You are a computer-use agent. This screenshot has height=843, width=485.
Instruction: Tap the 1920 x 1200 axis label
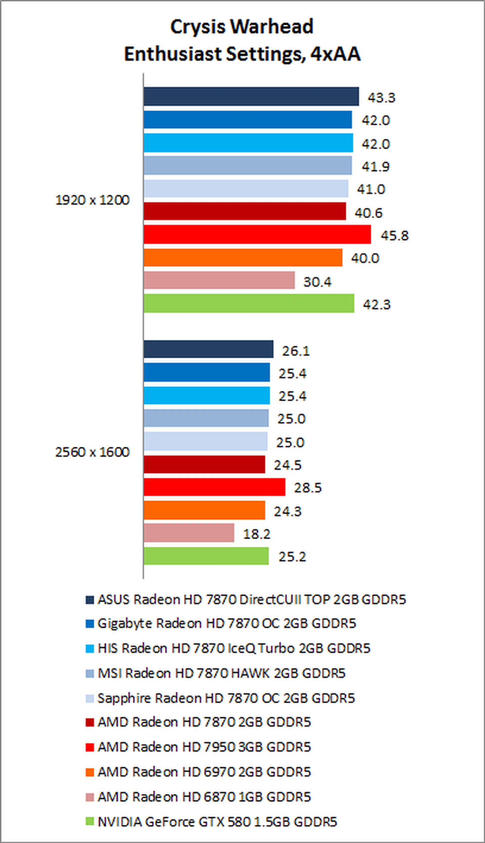[92, 200]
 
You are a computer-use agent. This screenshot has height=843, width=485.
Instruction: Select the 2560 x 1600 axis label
[92, 452]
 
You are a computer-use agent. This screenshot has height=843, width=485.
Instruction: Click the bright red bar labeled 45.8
[257, 235]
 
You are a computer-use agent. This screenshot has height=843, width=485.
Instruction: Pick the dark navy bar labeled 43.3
[251, 97]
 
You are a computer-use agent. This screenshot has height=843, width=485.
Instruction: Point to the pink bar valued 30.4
[219, 280]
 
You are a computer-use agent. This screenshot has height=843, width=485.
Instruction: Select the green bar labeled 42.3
[249, 303]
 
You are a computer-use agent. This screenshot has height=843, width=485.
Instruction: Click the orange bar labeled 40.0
[243, 257]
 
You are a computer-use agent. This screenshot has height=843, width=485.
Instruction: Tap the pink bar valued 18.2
[189, 533]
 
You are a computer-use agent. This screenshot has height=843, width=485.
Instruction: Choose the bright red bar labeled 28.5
[214, 487]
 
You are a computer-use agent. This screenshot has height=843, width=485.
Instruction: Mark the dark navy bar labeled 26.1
[208, 349]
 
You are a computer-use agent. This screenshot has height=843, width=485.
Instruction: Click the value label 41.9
[375, 166]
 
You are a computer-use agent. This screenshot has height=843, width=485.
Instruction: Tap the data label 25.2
[292, 557]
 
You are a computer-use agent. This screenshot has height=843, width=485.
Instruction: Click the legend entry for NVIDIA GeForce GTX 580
[217, 822]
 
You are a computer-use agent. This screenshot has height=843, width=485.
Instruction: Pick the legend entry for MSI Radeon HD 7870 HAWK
[222, 673]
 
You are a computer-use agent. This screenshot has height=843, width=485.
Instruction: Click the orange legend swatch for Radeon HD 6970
[90, 772]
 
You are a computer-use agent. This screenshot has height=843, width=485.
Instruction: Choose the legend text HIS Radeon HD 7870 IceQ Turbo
[234, 648]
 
